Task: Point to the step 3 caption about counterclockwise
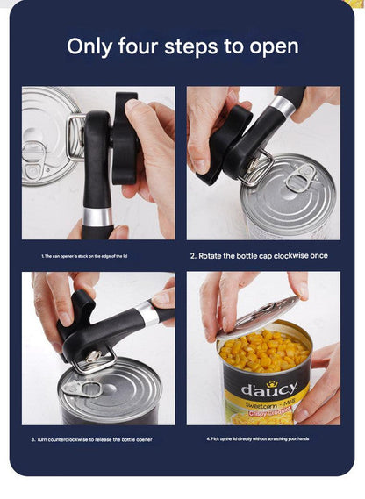pos(95,438)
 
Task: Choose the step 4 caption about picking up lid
pos(258,438)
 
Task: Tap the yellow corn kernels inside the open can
pos(263,351)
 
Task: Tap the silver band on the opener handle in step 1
pos(97,217)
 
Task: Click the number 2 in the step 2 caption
pos(193,256)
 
